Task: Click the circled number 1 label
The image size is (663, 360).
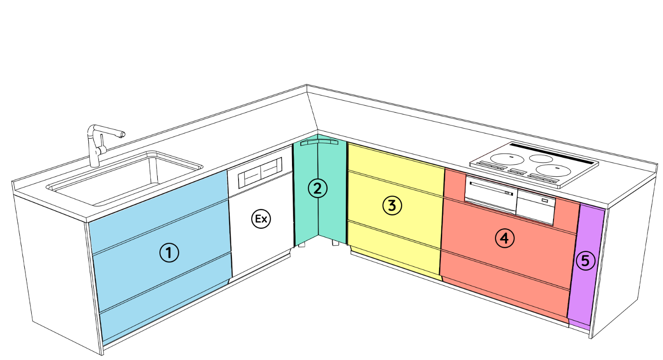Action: pyautogui.click(x=169, y=253)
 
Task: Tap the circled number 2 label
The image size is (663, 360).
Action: pyautogui.click(x=317, y=188)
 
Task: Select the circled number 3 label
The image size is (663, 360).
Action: pyautogui.click(x=392, y=205)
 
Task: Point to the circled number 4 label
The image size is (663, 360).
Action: pyautogui.click(x=505, y=238)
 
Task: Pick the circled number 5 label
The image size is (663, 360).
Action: pyautogui.click(x=585, y=261)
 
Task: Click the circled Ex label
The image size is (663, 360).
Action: pyautogui.click(x=261, y=219)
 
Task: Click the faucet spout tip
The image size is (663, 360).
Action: pyautogui.click(x=122, y=135)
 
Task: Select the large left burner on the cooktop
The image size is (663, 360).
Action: pyautogui.click(x=505, y=159)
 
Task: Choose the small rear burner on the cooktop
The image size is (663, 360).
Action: pyautogui.click(x=541, y=159)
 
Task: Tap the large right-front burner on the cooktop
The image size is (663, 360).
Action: pyautogui.click(x=553, y=171)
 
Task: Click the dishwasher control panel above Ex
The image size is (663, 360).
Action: pyautogui.click(x=260, y=173)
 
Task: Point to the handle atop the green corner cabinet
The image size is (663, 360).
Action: pyautogui.click(x=319, y=142)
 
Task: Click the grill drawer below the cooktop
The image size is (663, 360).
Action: pyautogui.click(x=490, y=194)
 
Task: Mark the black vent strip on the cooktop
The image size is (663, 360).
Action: pyautogui.click(x=552, y=154)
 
